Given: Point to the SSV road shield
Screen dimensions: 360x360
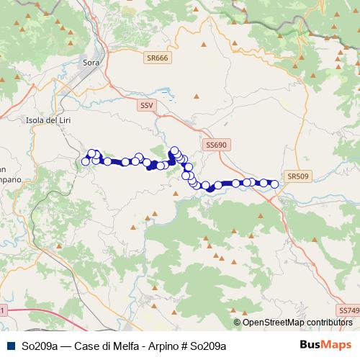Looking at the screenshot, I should click(147, 105).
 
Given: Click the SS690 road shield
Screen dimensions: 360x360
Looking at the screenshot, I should click(216, 145).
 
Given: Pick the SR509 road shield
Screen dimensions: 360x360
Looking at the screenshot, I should click(297, 176).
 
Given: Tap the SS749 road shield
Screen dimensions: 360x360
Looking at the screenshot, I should click(348, 310).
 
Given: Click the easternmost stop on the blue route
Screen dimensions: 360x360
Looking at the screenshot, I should click(274, 184).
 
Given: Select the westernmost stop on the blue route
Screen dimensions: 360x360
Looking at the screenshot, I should click(85, 161).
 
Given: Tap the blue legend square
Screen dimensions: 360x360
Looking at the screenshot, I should click(9, 346).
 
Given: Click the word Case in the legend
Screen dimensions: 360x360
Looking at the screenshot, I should click(84, 346).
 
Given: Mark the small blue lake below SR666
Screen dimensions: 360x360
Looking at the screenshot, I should click(166, 93).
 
